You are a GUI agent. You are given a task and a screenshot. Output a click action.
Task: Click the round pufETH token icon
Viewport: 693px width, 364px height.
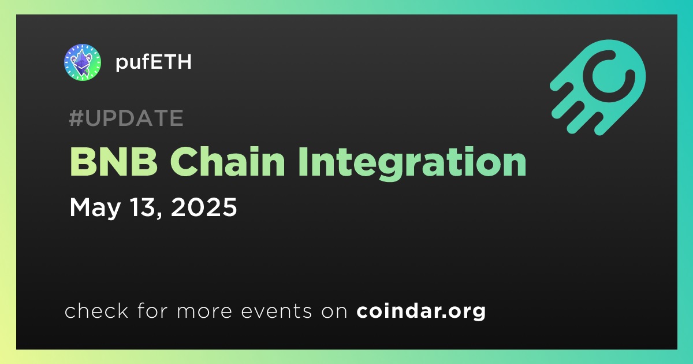click(x=83, y=62)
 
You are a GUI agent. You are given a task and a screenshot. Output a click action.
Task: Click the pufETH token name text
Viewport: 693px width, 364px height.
click(x=154, y=62)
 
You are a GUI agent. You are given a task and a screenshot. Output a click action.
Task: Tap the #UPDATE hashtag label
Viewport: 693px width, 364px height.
click(x=126, y=118)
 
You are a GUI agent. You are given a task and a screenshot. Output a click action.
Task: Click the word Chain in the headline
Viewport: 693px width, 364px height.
click(x=227, y=161)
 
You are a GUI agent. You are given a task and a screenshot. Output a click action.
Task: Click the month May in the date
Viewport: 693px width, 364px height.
click(x=95, y=208)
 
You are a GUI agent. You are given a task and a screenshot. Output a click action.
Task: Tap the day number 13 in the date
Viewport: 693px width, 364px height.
click(x=143, y=207)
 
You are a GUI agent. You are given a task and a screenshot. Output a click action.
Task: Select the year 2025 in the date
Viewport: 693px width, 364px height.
click(x=203, y=207)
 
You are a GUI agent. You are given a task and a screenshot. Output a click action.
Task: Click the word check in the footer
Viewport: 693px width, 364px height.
click(x=96, y=311)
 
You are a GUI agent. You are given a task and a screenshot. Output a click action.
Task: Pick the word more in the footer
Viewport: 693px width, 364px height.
click(x=204, y=312)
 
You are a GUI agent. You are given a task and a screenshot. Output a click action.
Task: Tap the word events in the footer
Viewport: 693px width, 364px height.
click(x=277, y=311)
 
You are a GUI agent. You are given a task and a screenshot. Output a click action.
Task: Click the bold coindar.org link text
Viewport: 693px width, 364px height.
click(x=421, y=311)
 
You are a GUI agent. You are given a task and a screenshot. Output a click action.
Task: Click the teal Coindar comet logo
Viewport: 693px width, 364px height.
click(x=598, y=87)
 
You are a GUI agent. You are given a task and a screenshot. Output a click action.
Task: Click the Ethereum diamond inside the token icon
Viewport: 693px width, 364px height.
click(x=81, y=62)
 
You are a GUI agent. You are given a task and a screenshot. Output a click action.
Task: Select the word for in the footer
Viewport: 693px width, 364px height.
click(x=152, y=311)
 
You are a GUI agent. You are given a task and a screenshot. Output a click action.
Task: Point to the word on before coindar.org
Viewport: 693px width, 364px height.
click(x=334, y=312)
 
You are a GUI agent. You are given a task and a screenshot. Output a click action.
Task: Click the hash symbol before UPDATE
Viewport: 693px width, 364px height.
click(x=76, y=118)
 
